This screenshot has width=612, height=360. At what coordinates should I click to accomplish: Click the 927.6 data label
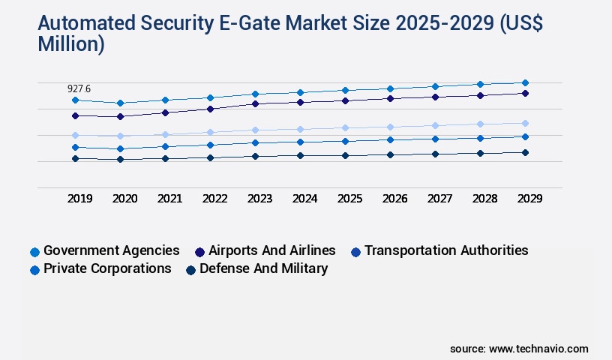pos(78,88)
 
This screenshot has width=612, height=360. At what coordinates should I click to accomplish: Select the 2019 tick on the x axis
pos(79,199)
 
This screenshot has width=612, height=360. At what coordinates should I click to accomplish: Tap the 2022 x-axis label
pos(214,199)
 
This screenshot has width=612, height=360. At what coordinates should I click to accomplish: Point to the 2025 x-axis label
pos(349,199)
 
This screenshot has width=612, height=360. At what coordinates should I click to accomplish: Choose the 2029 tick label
pos(529,199)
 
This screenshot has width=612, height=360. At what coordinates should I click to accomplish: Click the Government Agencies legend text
pos(111,250)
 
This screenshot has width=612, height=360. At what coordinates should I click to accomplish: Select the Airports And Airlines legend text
pos(271,250)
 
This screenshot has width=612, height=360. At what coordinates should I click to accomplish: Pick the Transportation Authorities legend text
pos(446,250)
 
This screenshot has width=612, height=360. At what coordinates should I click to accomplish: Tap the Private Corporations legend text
pos(107,268)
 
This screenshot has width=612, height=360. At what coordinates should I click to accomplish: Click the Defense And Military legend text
pos(263,268)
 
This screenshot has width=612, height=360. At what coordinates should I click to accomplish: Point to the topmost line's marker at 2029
pos(525,82)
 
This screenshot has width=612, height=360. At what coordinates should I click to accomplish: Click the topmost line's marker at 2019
pos(75,100)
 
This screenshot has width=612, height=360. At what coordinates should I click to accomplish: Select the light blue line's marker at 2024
pos(300,129)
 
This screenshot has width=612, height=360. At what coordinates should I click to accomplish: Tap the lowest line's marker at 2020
pos(120,159)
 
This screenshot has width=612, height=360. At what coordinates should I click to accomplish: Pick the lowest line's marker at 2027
pos(435,154)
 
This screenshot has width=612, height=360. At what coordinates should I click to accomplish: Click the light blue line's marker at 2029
pos(525,123)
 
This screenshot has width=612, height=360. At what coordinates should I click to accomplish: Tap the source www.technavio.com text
pos(519,349)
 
